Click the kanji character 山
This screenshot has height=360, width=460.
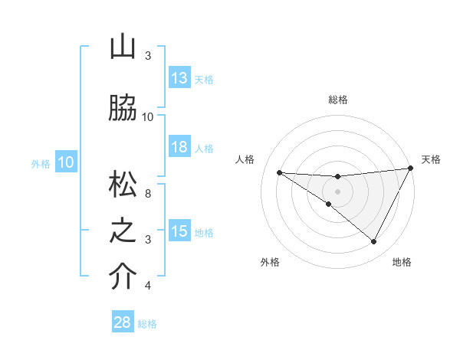[123, 47]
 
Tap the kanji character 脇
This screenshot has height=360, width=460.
[123, 108]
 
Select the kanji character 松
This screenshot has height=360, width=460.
[123, 185]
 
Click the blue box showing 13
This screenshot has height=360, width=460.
[179, 78]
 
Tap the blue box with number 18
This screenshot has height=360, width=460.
[179, 147]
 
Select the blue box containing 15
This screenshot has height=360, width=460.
[179, 231]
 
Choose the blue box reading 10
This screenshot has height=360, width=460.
[66, 162]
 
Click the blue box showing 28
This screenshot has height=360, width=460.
[122, 322]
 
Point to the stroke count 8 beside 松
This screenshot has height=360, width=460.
[148, 194]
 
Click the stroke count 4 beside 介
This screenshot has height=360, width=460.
[148, 286]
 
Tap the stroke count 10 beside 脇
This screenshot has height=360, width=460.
[148, 116]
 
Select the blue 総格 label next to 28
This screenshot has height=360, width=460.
[147, 324]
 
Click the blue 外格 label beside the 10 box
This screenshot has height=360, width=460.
[40, 163]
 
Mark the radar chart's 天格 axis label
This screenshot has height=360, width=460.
[432, 159]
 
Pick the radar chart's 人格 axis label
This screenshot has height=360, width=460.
[245, 159]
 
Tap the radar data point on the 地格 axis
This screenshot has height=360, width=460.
[374, 242]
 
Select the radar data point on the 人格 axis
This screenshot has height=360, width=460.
[279, 172]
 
